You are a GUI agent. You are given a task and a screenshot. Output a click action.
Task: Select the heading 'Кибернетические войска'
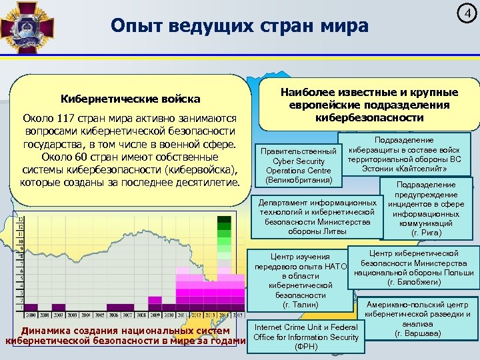131,99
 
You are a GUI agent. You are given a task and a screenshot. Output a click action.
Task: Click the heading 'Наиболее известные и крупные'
369,93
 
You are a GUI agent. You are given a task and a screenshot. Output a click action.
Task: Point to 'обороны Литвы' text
317,231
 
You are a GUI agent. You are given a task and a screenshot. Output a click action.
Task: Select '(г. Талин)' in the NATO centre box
299,305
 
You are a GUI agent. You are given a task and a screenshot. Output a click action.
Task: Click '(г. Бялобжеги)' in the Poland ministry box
414,282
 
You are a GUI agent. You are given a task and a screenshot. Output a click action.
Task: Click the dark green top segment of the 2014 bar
225,219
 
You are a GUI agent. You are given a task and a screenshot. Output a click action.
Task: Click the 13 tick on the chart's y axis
20,219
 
